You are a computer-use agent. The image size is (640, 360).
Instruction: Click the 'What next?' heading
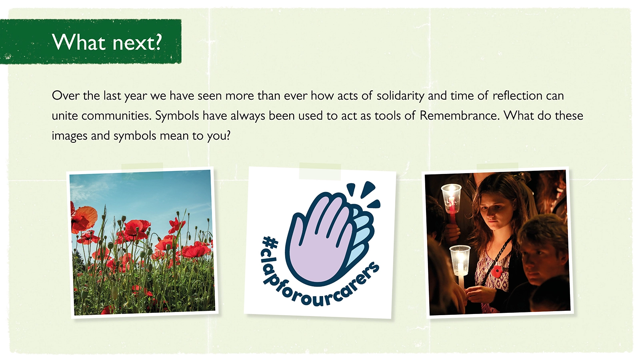point(107,42)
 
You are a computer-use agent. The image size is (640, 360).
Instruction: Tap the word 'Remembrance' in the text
point(460,116)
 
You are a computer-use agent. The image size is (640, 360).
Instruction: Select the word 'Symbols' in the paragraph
point(177,116)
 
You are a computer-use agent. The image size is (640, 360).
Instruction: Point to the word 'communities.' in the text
point(116,116)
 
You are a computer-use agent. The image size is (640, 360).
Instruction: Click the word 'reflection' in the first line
point(518,96)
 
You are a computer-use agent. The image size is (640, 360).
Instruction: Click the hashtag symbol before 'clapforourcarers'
point(270,243)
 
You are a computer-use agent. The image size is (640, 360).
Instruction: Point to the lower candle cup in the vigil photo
point(460,260)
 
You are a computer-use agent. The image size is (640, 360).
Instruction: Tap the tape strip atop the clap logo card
point(320,172)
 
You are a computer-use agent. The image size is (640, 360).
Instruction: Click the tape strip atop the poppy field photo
point(142,171)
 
